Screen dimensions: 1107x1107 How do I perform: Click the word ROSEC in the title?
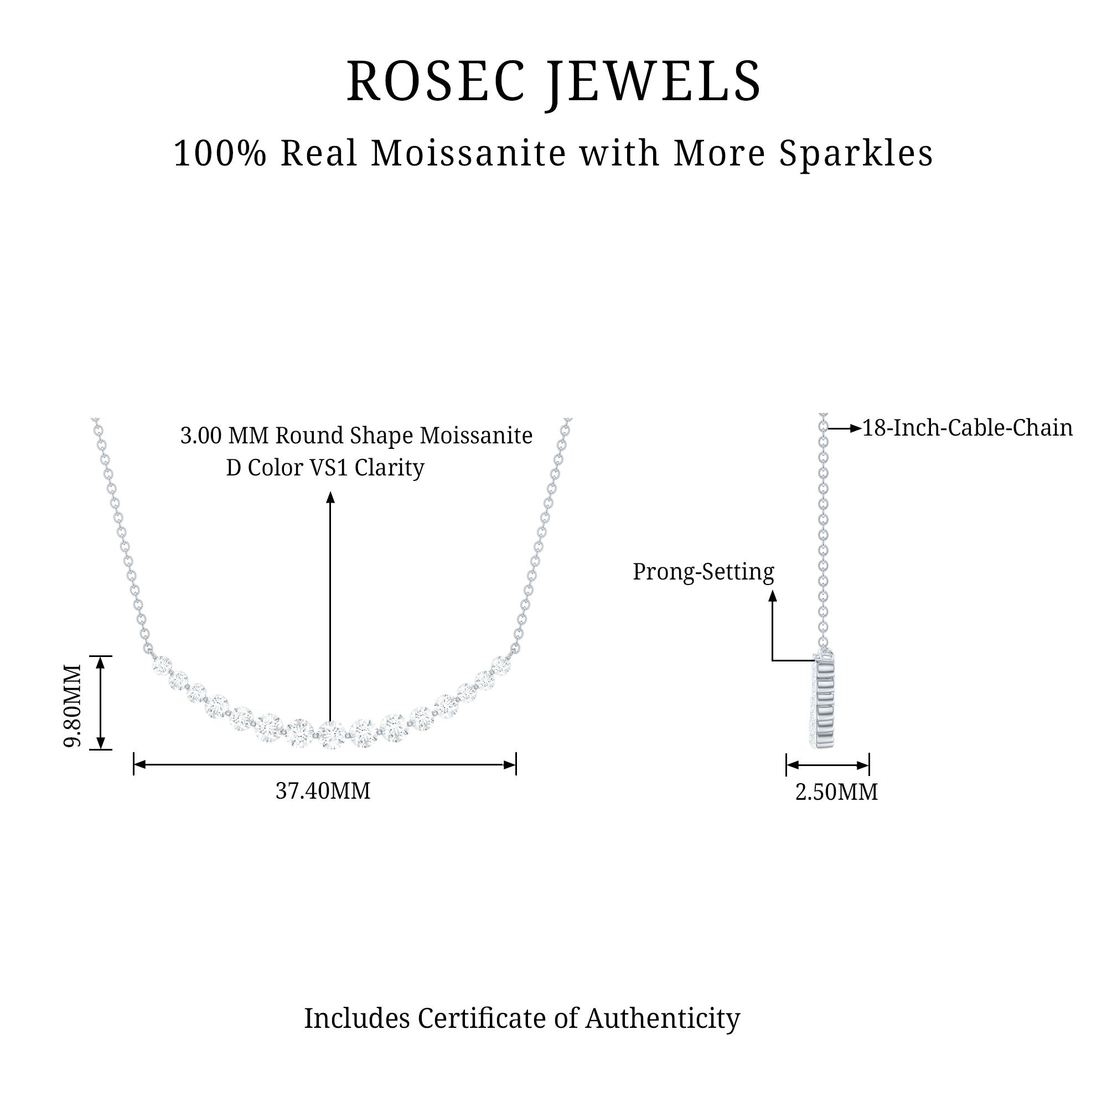click(436, 81)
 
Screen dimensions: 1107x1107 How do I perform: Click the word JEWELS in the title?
click(654, 81)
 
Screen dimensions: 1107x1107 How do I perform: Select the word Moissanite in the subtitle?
click(468, 153)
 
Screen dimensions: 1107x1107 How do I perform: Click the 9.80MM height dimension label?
click(73, 706)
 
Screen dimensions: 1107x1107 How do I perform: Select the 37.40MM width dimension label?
click(323, 792)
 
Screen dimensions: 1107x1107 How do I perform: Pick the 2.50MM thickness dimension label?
click(836, 793)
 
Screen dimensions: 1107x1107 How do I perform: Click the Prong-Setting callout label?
click(703, 572)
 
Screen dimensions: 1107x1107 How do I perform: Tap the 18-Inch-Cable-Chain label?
click(967, 428)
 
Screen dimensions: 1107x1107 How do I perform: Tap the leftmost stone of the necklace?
click(162, 665)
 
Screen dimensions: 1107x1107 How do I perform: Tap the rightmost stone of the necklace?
click(501, 665)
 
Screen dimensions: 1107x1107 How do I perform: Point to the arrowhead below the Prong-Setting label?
click(772, 597)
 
